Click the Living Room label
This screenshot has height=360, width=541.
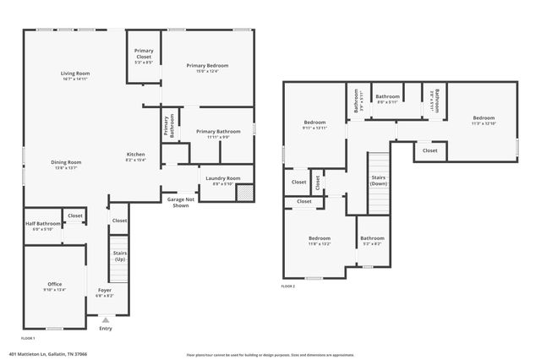[x=81, y=74]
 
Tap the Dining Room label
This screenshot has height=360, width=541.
[x=66, y=162]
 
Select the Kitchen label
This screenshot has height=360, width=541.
[x=136, y=155]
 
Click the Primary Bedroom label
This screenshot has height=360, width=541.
[x=207, y=66]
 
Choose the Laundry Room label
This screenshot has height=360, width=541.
[x=222, y=178]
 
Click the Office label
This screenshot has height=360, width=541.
[x=54, y=284]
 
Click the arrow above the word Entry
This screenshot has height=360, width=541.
[x=105, y=319]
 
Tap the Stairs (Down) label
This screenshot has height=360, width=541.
[x=379, y=179]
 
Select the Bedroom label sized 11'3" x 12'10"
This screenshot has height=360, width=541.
[x=484, y=118]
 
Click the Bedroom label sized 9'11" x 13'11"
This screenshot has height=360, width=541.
[x=314, y=123]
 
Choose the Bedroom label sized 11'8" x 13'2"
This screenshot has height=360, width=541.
[x=320, y=239]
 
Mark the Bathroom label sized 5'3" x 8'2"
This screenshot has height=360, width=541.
[x=372, y=239]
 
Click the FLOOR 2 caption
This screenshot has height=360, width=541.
[x=288, y=286]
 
